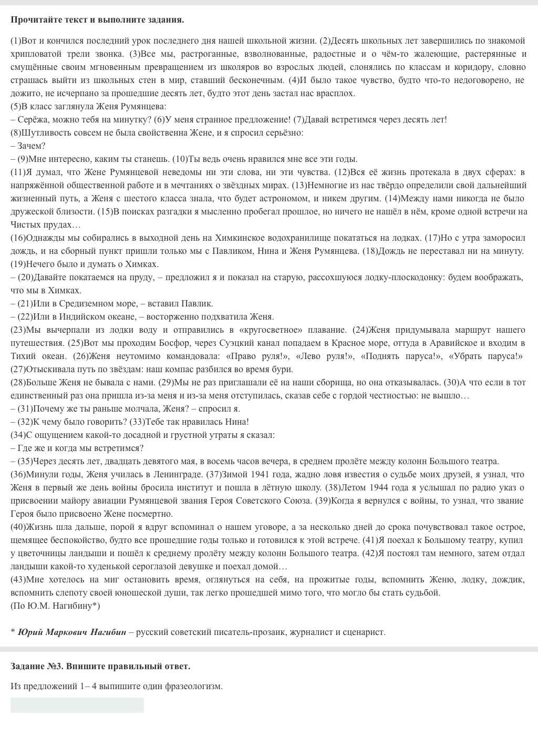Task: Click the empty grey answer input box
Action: [77, 705]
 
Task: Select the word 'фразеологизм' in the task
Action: [193, 686]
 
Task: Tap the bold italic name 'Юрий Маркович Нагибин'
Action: [72, 632]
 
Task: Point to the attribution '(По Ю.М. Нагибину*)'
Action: [55, 606]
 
